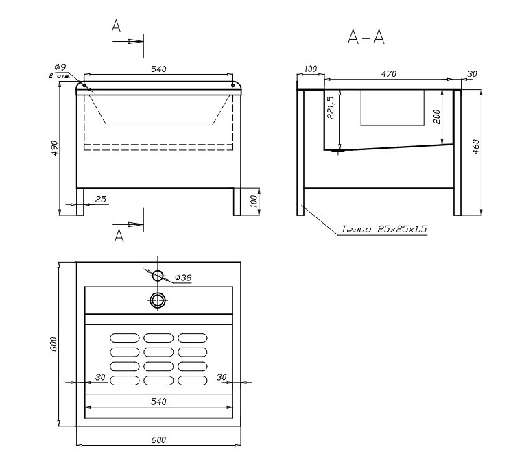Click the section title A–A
(x=366, y=36)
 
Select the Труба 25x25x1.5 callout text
(x=384, y=229)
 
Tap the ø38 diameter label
(x=183, y=278)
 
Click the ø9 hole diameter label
(x=60, y=67)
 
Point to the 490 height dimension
(x=55, y=148)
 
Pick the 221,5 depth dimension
(x=331, y=108)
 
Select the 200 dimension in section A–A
(x=437, y=117)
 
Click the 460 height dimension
(x=476, y=147)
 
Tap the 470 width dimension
(x=389, y=74)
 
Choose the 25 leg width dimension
(x=101, y=199)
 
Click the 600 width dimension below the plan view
(x=158, y=440)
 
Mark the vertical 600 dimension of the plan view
(x=53, y=344)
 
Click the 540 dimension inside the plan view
(x=158, y=401)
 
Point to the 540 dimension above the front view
(x=158, y=69)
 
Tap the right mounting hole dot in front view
(x=233, y=85)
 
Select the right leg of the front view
(x=237, y=202)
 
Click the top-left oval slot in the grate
(x=125, y=338)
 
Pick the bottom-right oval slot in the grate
(x=193, y=381)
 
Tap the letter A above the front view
(x=116, y=25)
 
